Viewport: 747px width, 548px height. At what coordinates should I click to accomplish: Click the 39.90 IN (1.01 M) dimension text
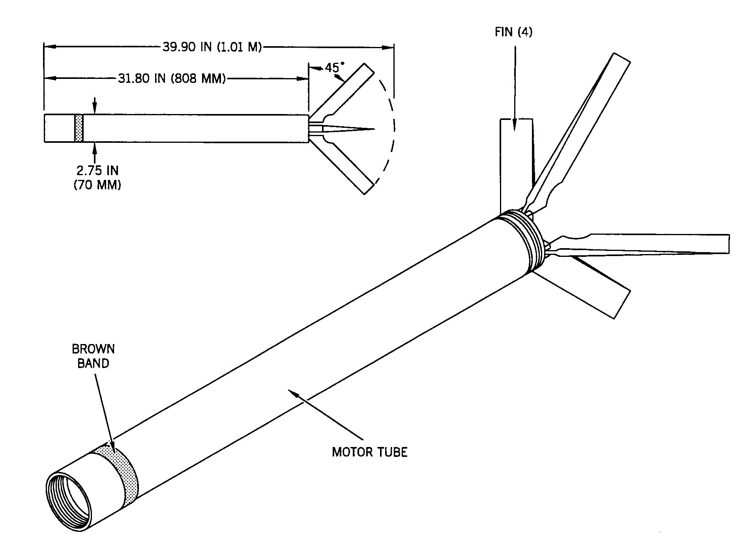(212, 47)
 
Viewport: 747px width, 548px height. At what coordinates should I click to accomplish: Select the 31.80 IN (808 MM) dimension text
(172, 79)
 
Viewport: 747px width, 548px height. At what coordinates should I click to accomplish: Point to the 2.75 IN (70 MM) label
(97, 178)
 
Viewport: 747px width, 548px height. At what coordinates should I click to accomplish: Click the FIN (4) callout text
(513, 32)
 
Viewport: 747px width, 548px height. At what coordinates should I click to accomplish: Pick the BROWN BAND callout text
(93, 356)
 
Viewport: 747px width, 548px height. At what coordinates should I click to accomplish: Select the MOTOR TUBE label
(369, 452)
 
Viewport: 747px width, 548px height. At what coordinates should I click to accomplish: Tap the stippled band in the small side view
(79, 128)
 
